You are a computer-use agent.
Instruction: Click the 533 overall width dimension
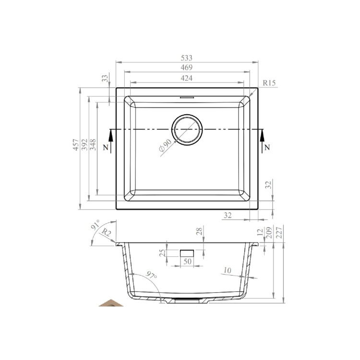(x=187, y=58)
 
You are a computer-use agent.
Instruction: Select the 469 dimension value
(x=187, y=68)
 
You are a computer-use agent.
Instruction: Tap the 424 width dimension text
(x=187, y=78)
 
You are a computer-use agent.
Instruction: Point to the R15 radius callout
(x=269, y=83)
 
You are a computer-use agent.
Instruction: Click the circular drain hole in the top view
(x=187, y=130)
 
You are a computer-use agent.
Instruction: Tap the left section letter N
(x=105, y=147)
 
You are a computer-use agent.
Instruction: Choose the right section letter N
(x=267, y=147)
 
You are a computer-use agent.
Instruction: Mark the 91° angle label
(x=95, y=226)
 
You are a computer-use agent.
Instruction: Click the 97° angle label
(x=151, y=276)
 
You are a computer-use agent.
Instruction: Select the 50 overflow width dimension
(x=187, y=262)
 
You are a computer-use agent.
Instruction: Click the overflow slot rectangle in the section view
(x=187, y=253)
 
